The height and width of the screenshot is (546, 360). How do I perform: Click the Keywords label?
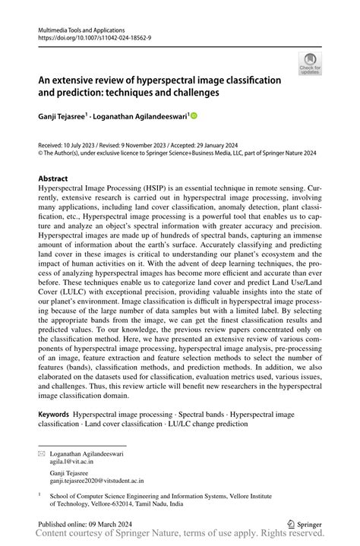tap(54, 415)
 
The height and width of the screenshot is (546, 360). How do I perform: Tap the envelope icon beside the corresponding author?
tap(42, 451)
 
